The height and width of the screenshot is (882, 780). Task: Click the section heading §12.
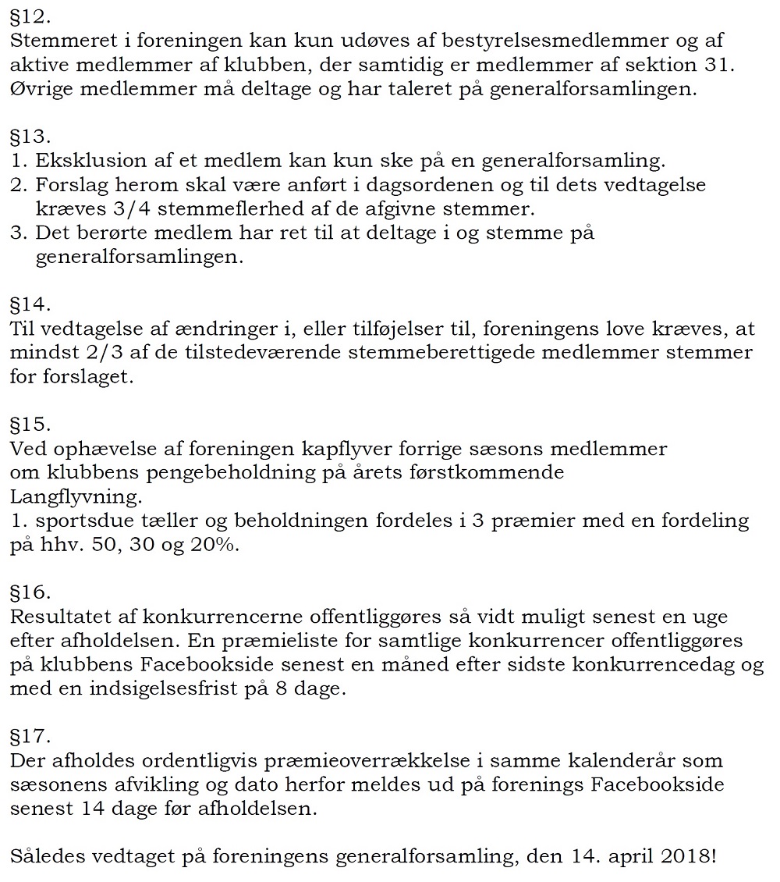coord(28,14)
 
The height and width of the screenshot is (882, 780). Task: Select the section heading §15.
coord(29,425)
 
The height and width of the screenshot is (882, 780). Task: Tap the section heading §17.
coord(29,735)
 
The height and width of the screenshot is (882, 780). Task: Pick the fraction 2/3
coord(101,352)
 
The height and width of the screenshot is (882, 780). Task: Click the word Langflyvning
coord(76,496)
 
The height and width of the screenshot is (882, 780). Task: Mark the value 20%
coord(213,545)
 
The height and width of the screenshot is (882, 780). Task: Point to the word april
coord(613,856)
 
